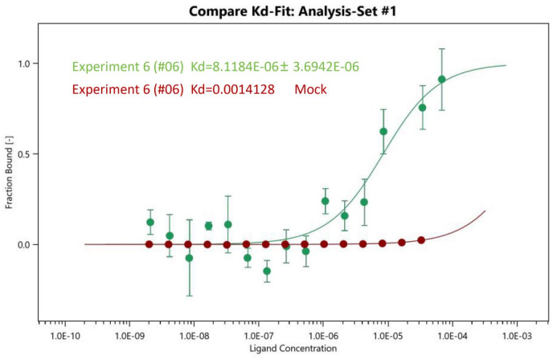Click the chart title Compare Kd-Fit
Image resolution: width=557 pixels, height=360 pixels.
coord(283,12)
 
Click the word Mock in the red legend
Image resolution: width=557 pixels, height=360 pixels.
coord(310,89)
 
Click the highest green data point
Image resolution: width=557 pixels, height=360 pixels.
coord(442,79)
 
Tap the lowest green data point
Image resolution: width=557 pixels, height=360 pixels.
coord(267,271)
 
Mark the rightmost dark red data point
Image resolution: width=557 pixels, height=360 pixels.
coord(421,239)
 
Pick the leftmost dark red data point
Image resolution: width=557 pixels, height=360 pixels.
coord(149,243)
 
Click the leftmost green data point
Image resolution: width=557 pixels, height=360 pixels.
coord(150,222)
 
